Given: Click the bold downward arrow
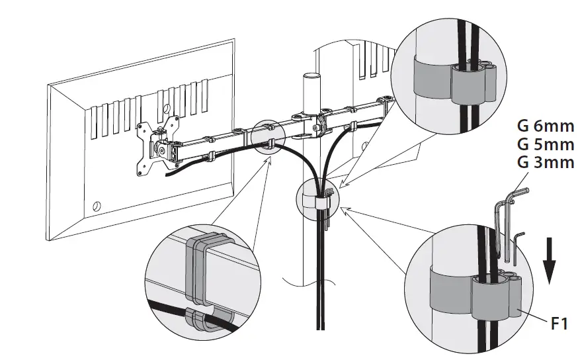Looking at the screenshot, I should (x=549, y=261).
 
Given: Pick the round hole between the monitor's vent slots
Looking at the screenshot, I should (x=166, y=105).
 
